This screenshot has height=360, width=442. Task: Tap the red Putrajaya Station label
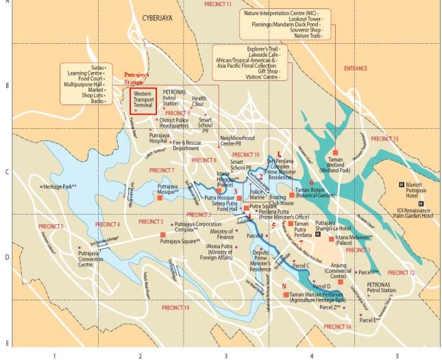(140, 77)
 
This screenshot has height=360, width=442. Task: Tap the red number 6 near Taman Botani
(310, 182)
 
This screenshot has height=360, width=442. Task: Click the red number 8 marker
(284, 285)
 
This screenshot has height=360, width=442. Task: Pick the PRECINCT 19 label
(175, 308)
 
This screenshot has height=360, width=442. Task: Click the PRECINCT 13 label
(384, 139)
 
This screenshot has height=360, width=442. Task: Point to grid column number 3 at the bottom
(225, 356)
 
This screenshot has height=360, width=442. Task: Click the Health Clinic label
(199, 101)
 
